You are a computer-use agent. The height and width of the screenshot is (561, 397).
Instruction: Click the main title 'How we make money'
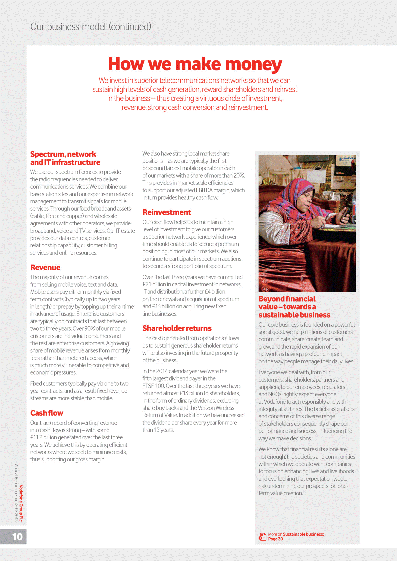[x=195, y=64]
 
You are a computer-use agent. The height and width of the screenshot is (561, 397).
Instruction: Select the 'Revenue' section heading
[x=45, y=268]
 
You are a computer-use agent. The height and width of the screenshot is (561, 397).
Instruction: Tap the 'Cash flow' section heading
[x=47, y=413]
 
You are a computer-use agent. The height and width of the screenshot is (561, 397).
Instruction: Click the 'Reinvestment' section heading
[x=167, y=212]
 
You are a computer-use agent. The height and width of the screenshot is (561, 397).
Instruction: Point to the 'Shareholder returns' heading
[x=177, y=328]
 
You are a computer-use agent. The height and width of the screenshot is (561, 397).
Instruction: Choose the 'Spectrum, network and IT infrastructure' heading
[x=65, y=158]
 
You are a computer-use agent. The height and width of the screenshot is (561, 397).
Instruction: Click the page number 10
[x=17, y=537]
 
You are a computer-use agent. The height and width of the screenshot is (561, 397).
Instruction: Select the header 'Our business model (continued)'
[x=91, y=27]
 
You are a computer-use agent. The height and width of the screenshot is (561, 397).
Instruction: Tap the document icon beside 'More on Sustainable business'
[x=262, y=536]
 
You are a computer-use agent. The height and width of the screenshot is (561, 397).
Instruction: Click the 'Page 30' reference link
[x=275, y=539]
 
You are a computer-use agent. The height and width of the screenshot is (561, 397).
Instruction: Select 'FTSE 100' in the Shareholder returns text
[x=153, y=386]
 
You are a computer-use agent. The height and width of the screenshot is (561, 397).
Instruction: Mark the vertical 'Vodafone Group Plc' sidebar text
[x=21, y=503]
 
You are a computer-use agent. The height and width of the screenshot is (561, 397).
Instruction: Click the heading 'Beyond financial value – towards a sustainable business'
[x=294, y=307]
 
